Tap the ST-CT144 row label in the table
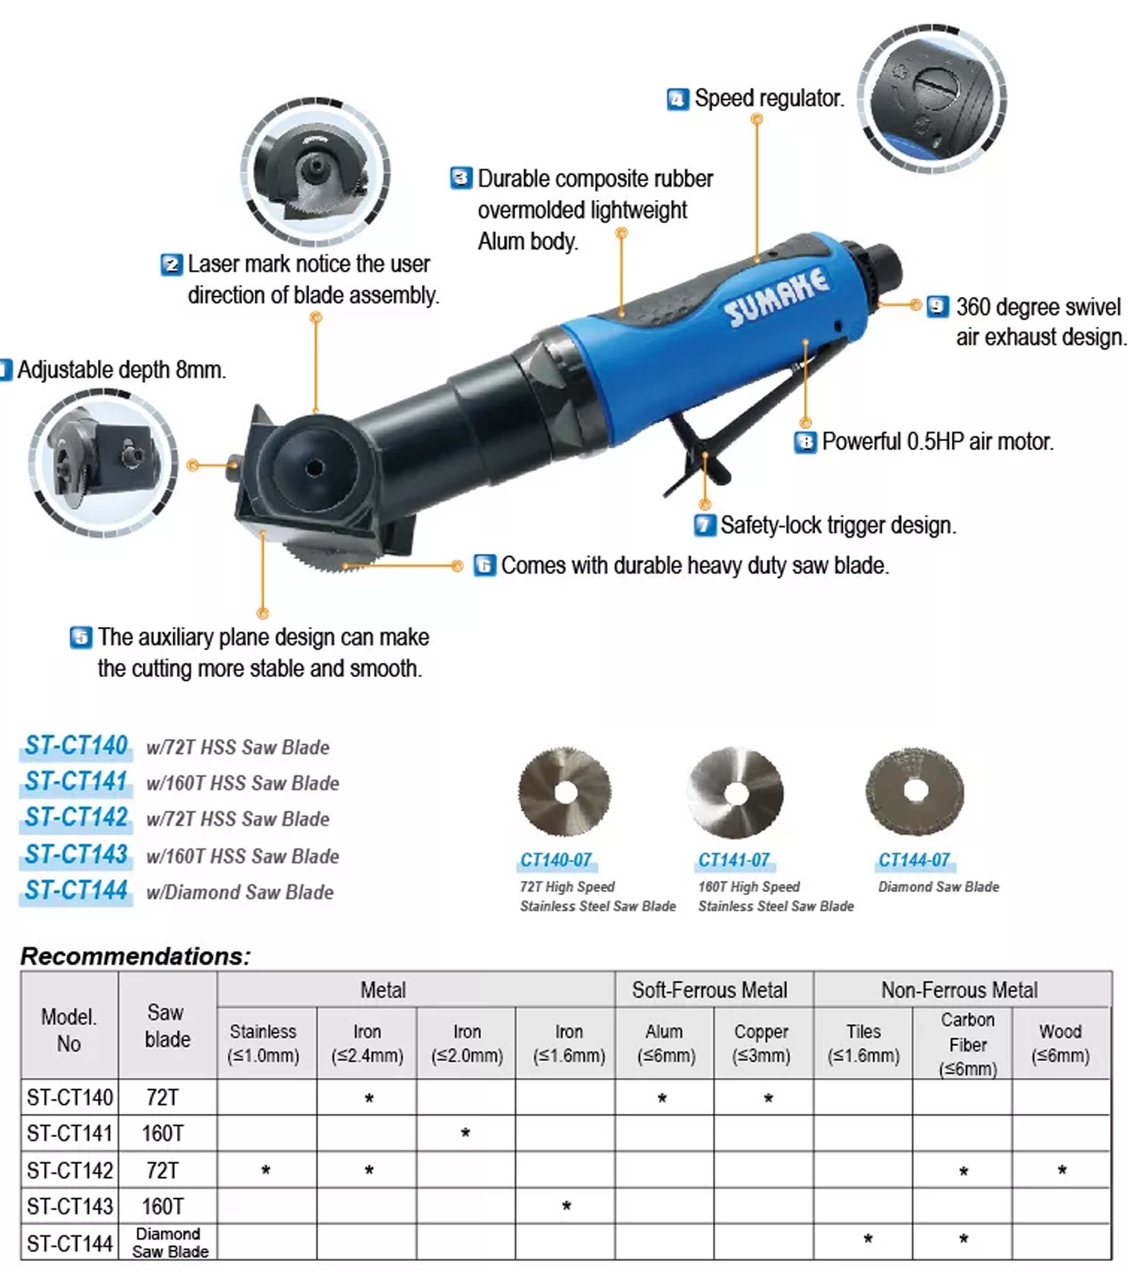coord(70,1243)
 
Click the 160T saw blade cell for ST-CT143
coord(162,1207)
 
